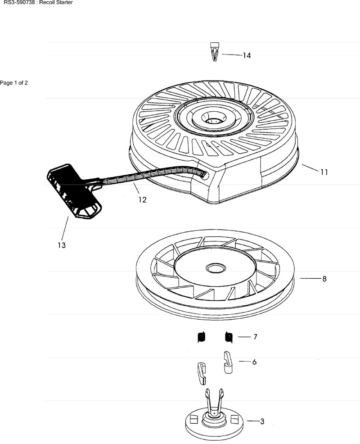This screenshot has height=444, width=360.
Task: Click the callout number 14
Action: coord(247,55)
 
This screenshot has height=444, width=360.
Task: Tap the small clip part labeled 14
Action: coord(215,52)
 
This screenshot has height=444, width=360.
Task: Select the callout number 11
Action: coord(324,172)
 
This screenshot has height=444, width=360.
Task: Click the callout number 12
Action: coord(142,199)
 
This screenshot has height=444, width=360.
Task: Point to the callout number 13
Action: coord(61,245)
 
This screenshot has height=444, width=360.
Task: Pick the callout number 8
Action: coord(324,279)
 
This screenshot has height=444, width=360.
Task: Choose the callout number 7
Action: coord(255,337)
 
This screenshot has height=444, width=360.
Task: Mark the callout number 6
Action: coord(254,362)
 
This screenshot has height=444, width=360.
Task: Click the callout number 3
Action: coord(262,421)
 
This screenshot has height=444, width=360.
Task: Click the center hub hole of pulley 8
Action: coord(216,267)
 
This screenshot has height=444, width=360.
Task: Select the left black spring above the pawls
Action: coord(201,337)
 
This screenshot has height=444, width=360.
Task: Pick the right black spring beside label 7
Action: coord(229,337)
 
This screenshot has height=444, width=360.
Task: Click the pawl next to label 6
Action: coord(228,362)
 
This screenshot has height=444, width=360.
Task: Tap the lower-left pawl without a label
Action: coord(201,373)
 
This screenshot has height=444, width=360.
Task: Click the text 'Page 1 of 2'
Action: coord(14,83)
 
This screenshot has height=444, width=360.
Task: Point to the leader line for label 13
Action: coord(64,229)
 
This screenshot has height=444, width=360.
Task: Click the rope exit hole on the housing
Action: coord(205,175)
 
